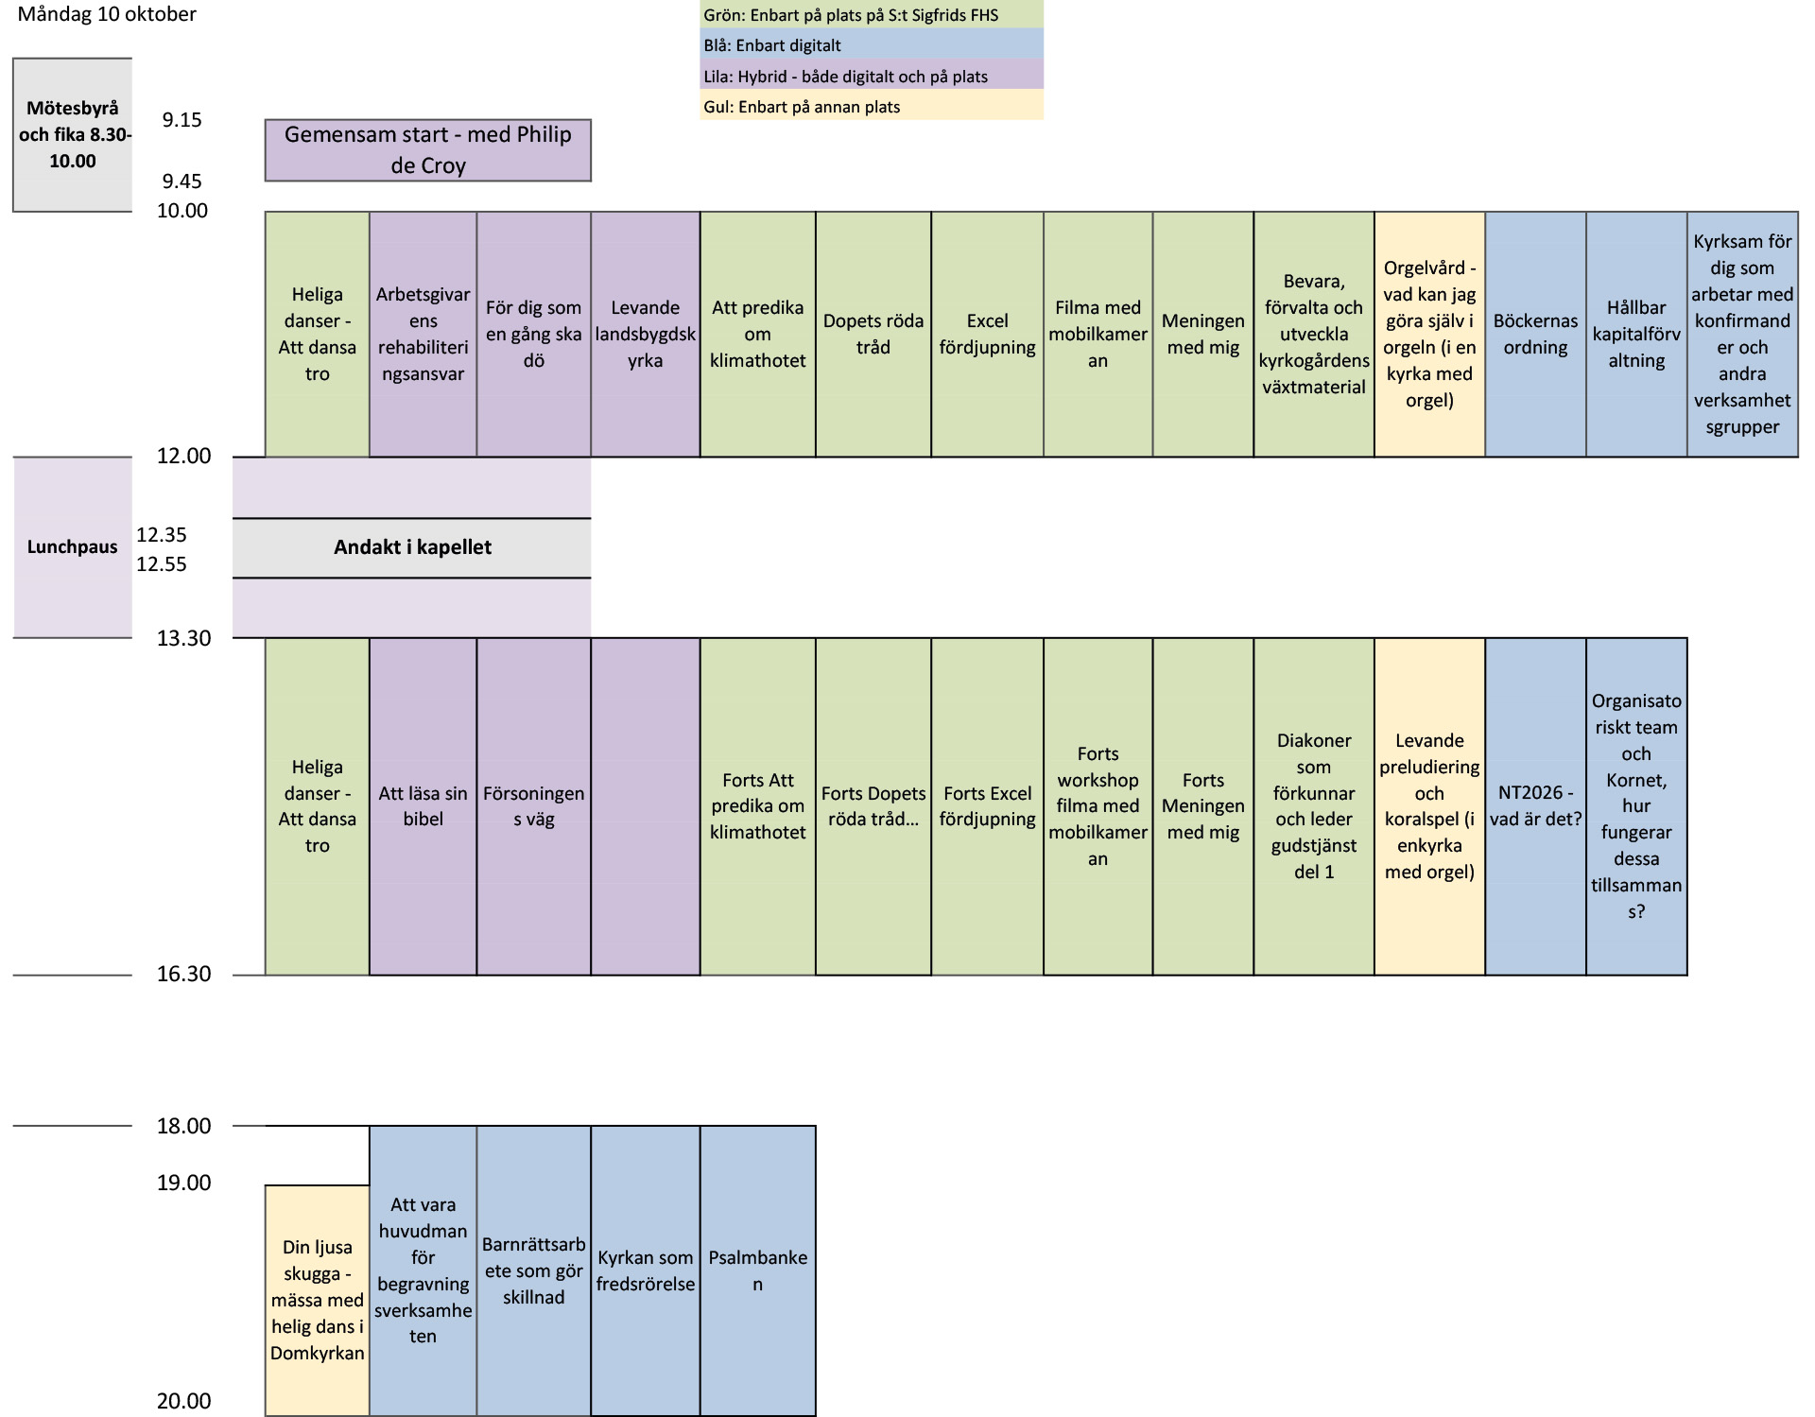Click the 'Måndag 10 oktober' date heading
(107, 14)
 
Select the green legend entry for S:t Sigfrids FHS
(871, 15)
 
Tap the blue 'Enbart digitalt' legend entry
(871, 45)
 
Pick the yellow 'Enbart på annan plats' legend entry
(871, 106)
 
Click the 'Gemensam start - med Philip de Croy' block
(428, 150)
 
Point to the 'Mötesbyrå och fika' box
(73, 134)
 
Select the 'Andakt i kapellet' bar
(412, 547)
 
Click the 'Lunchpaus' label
(73, 547)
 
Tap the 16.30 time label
(184, 975)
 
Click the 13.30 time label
(184, 638)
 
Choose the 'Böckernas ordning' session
(1535, 335)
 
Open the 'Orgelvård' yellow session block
(1429, 335)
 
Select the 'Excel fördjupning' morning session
(987, 335)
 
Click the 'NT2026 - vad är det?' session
(1535, 806)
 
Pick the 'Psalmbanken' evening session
(757, 1270)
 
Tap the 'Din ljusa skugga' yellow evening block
(317, 1301)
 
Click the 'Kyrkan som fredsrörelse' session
(646, 1270)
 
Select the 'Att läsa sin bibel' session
(423, 806)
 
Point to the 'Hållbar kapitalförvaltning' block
(1636, 335)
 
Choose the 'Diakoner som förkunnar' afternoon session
(1314, 806)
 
